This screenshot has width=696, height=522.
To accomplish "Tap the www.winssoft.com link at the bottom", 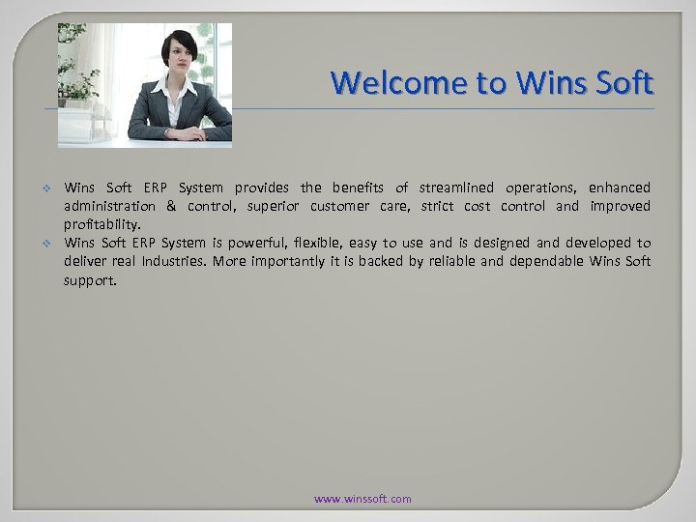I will point(363,499).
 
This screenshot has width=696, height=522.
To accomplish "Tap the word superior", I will point(277,206).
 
